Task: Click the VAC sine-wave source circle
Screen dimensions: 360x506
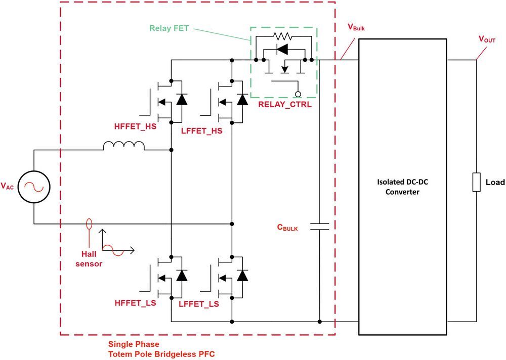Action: pos(34,187)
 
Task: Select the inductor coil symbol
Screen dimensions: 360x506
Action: pos(123,146)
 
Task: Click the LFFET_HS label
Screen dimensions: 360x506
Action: pos(201,131)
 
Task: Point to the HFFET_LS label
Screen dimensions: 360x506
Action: pos(135,304)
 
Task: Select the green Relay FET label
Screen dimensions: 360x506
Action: pos(169,28)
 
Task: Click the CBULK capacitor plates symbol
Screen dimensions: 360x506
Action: pos(319,227)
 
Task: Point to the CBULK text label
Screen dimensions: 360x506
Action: pos(287,228)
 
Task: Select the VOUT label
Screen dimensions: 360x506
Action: pos(487,39)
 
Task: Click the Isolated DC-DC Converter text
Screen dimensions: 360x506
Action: pos(402,187)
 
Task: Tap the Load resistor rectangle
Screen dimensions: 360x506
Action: pos(476,182)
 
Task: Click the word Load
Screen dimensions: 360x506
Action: pos(494,182)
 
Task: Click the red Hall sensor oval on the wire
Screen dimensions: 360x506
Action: pos(90,223)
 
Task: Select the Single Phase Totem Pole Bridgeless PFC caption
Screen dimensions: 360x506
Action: pos(161,349)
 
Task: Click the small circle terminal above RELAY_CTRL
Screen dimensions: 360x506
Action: pos(298,94)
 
